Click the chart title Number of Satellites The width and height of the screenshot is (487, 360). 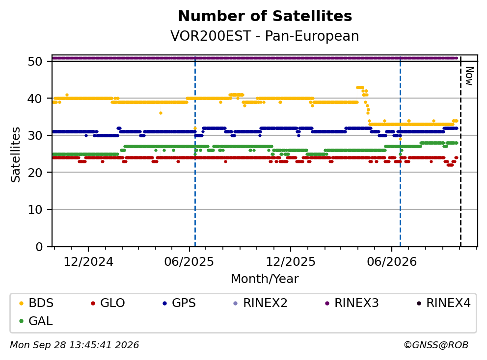265,16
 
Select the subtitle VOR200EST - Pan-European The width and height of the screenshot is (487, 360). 265,36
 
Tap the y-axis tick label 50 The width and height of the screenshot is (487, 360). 35,61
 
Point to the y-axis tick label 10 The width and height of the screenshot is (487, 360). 35,210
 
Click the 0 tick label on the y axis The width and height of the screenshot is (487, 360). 39,247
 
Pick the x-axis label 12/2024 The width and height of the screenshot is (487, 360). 88,262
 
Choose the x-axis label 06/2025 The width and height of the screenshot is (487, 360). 189,262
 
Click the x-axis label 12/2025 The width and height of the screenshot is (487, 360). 291,262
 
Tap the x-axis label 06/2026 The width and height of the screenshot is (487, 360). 392,262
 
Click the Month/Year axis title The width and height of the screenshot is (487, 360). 265,279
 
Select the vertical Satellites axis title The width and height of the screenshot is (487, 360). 16,154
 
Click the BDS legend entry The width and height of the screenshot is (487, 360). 36,303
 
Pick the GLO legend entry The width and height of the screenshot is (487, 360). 108,303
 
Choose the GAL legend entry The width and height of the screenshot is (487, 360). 36,321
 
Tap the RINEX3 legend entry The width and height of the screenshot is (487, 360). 352,303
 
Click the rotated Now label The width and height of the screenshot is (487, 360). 469,76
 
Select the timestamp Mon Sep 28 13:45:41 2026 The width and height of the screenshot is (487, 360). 75,345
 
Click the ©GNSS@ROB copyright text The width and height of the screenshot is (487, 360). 436,345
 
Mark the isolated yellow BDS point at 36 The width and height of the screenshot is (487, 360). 161,113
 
